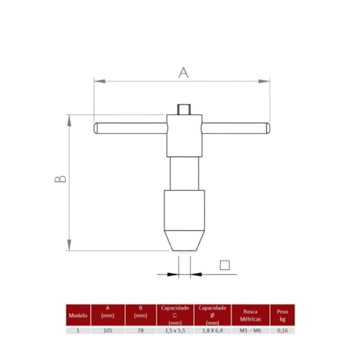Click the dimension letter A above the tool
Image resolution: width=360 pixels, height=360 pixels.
click(183, 72)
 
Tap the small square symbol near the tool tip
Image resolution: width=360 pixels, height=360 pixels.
click(225, 265)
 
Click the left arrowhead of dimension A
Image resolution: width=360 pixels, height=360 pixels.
click(98, 79)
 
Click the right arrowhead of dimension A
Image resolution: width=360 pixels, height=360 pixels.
click(268, 79)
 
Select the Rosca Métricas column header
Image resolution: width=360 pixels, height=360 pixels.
click(250, 314)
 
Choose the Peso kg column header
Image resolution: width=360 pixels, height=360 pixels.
click(282, 314)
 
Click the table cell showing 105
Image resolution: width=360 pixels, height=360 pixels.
click(108, 331)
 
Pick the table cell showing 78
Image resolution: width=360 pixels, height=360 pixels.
click(141, 331)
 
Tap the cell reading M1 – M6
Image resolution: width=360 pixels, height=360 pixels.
click(250, 331)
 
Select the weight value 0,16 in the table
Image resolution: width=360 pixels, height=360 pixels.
click(282, 331)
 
